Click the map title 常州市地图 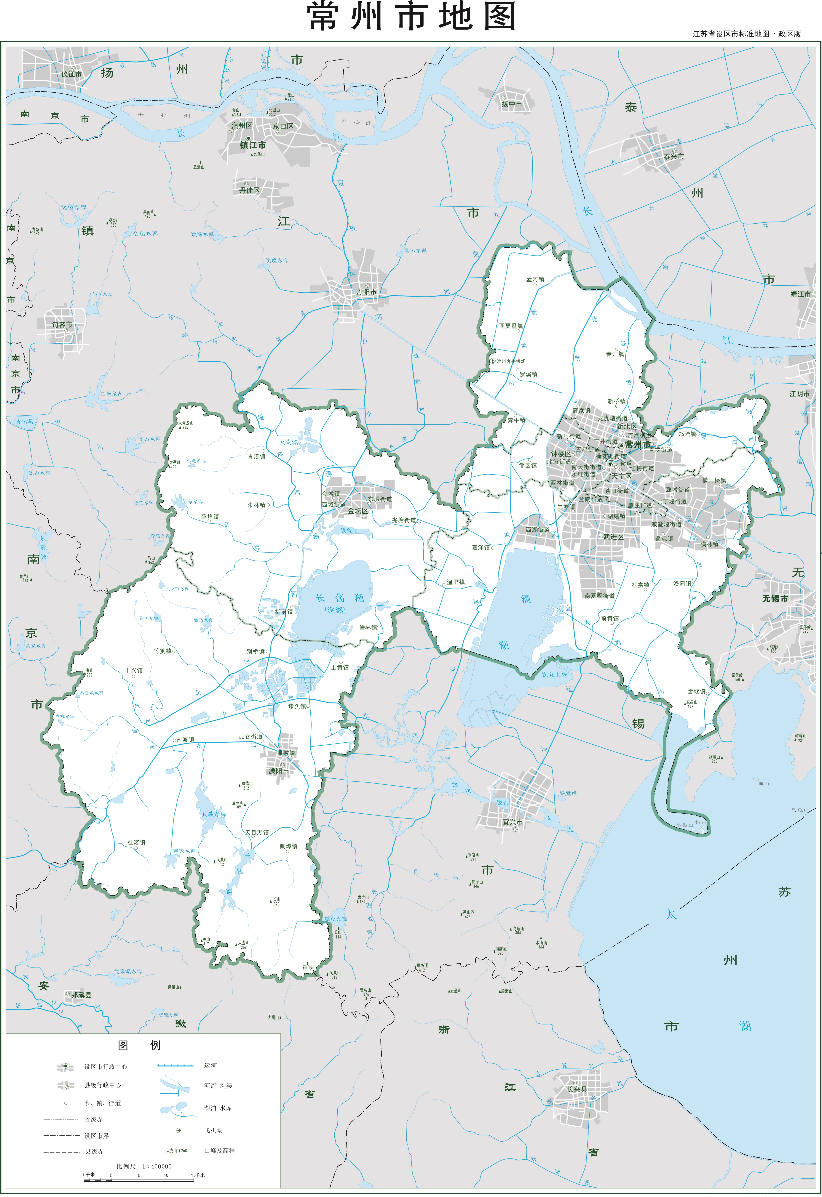(x=411, y=17)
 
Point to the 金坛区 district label (x=358, y=511)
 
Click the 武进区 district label (x=613, y=537)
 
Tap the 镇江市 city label (x=253, y=145)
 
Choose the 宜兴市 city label (x=513, y=823)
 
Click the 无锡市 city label (x=775, y=599)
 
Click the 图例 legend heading (x=139, y=1045)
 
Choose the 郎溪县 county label (x=82, y=995)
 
